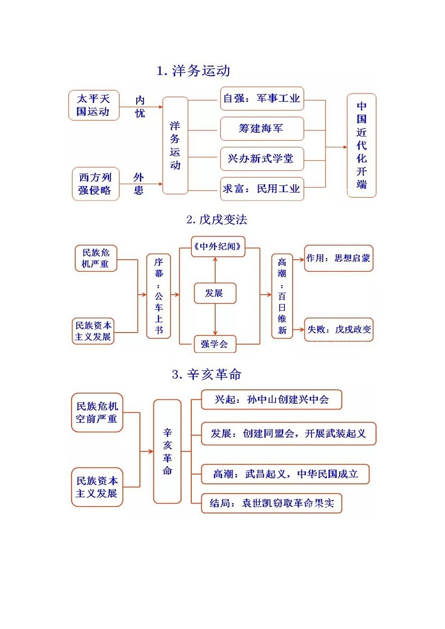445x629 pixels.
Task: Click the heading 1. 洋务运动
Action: pos(193,71)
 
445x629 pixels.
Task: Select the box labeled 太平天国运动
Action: pos(94,105)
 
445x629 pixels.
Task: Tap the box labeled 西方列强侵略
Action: pos(95,184)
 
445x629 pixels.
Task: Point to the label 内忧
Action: pos(140,106)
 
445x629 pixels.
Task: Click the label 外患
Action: pos(138,184)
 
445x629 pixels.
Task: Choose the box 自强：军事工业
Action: pos(261,99)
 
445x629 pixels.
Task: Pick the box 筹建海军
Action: pos(261,129)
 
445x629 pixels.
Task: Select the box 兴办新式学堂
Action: pos(261,159)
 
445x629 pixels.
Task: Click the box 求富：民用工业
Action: pos(261,189)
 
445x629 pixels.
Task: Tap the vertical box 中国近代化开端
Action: pos(361,145)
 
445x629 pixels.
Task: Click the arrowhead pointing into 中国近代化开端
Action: pos(344,147)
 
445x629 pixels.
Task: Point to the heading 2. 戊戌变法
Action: pos(216,220)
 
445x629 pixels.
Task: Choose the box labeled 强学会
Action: pos(215,344)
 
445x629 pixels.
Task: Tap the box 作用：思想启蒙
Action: pos(339,259)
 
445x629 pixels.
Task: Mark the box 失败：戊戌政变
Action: pos(339,329)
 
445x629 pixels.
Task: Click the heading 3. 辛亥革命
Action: pos(206,374)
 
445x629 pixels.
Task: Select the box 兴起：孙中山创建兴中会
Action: pos(271,400)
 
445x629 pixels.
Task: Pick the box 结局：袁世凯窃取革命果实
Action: pos(271,503)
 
